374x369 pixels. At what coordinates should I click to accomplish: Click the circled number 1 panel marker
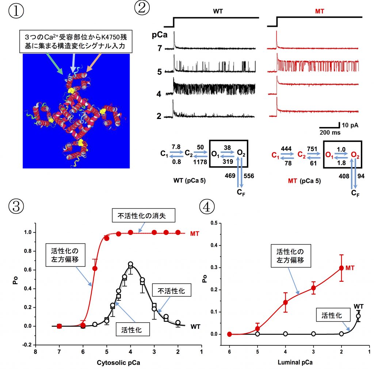point(16,11)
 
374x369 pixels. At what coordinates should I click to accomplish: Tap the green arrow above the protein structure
point(54,64)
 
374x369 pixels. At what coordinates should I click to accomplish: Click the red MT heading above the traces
point(319,11)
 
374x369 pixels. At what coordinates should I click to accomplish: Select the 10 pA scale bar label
point(350,125)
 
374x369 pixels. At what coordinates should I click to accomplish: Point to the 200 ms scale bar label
point(330,132)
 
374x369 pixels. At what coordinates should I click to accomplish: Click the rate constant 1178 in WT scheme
point(200,162)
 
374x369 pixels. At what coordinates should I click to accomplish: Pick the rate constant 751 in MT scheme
point(312,149)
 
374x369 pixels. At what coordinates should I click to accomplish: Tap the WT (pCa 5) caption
point(190,180)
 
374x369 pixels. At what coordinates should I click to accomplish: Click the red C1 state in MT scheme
point(275,155)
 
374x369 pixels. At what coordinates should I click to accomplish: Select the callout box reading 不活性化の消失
point(144,215)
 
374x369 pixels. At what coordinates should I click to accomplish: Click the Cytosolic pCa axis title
point(118,362)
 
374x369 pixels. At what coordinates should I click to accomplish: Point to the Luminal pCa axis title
point(295,362)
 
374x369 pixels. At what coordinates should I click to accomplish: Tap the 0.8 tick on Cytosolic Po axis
point(28,251)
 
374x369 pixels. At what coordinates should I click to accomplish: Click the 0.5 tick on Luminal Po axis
point(214,223)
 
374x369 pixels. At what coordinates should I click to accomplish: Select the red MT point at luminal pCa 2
point(341,268)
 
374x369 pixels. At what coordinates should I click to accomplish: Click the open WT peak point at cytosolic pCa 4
point(130,264)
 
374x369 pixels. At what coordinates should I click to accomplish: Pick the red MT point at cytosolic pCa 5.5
point(95,268)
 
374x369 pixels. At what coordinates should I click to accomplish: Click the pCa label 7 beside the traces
point(160,49)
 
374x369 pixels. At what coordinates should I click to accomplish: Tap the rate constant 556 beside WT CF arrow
point(249,176)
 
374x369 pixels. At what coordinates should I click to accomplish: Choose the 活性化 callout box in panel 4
point(333,315)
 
